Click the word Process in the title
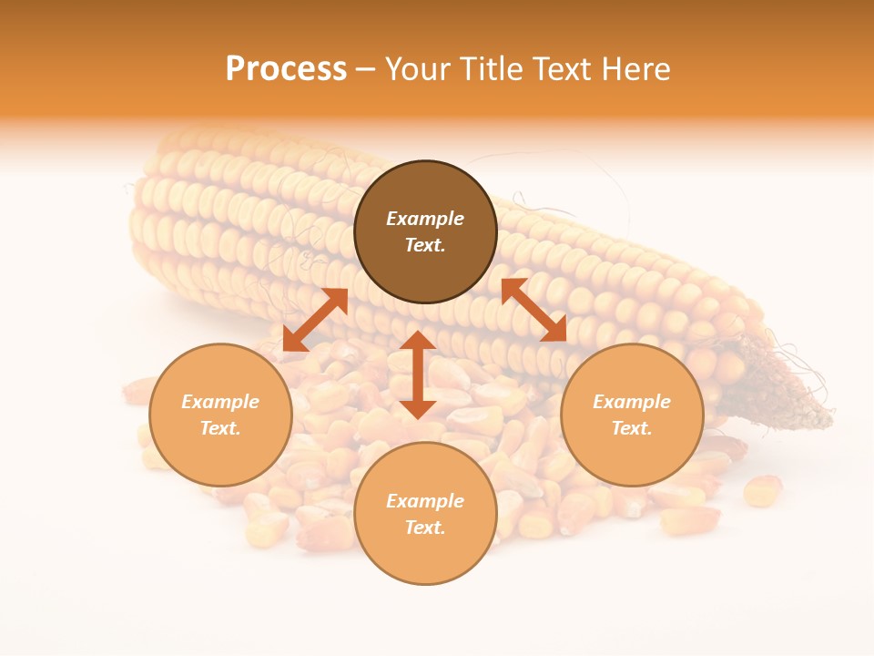pyautogui.click(x=286, y=69)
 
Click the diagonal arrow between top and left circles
pyautogui.click(x=315, y=320)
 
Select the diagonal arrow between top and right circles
pyautogui.click(x=534, y=310)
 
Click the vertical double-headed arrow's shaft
pyautogui.click(x=418, y=374)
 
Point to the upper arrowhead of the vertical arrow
pyautogui.click(x=418, y=340)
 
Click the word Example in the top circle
pyautogui.click(x=425, y=219)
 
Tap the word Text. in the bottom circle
pyautogui.click(x=425, y=528)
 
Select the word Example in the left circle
pyautogui.click(x=220, y=402)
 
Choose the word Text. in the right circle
pyautogui.click(x=632, y=428)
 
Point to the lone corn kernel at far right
pyautogui.click(x=763, y=490)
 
